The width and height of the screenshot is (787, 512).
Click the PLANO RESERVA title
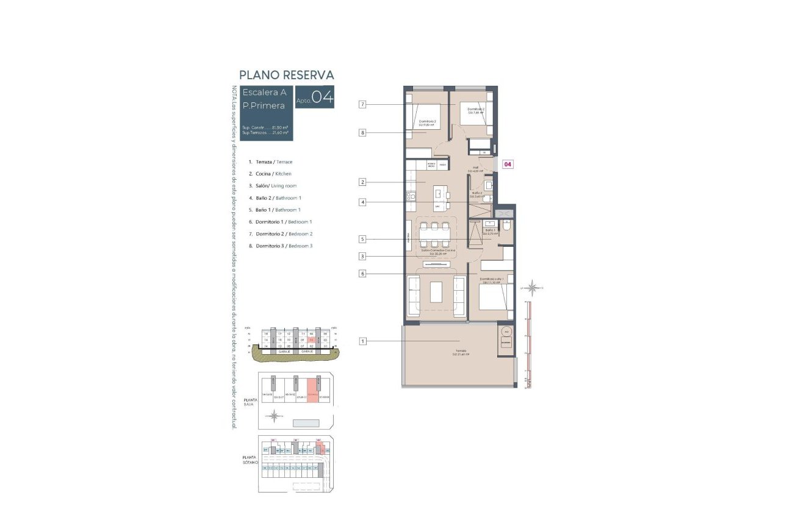(286, 75)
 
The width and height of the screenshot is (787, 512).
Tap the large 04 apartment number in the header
(323, 98)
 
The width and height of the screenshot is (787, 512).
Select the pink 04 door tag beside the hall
(508, 164)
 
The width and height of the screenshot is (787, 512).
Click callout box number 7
(362, 105)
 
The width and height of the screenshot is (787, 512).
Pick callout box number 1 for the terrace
(362, 341)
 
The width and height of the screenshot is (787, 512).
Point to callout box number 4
(362, 202)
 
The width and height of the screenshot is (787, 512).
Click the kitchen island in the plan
(439, 199)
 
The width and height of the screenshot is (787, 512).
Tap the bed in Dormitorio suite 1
(495, 298)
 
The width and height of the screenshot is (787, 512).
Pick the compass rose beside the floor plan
(533, 287)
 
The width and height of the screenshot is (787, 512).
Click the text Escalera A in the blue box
(264, 93)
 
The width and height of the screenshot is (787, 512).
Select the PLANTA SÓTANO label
(250, 460)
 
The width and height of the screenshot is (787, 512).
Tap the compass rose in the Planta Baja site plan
(275, 416)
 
